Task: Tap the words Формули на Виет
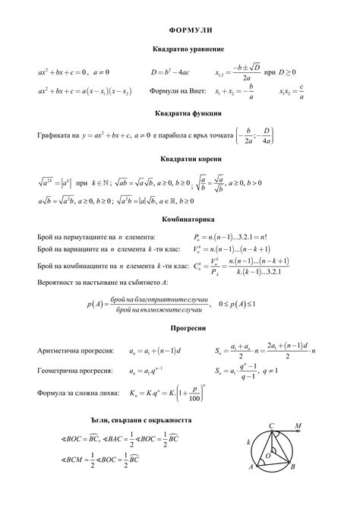point(176,92)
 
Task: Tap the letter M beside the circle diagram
point(298,425)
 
